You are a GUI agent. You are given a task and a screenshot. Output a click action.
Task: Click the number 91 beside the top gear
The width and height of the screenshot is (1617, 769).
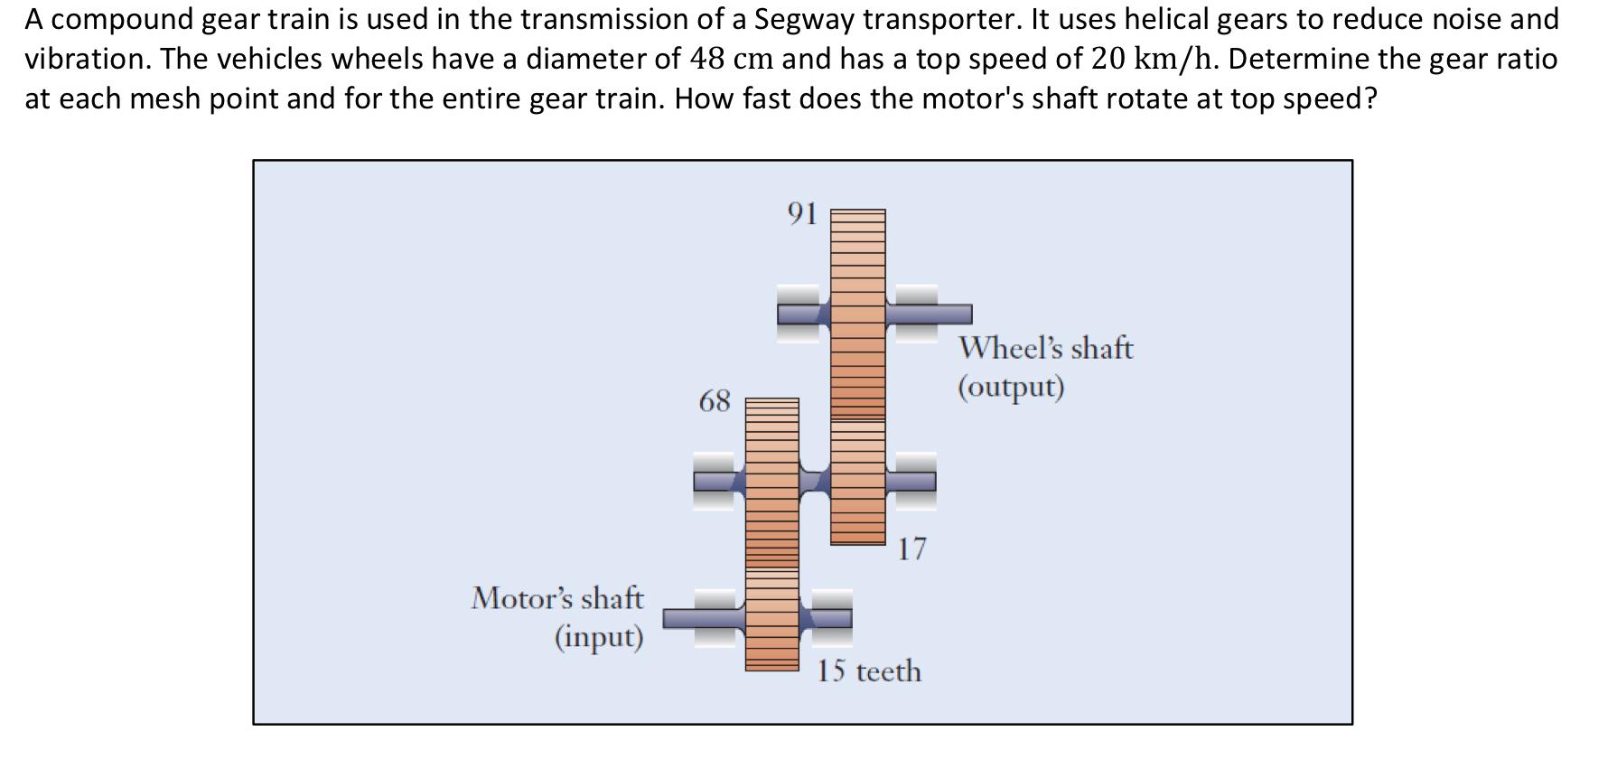[x=802, y=213]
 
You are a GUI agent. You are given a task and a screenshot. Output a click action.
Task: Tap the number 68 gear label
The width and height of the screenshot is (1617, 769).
[x=715, y=401]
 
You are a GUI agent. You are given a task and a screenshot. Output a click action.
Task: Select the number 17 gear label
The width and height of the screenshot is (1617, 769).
[x=911, y=549]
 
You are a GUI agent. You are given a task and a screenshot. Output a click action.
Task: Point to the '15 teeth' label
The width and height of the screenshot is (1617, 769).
[x=869, y=671]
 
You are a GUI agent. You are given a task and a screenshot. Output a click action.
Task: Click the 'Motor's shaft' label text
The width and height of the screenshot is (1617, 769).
[x=557, y=598]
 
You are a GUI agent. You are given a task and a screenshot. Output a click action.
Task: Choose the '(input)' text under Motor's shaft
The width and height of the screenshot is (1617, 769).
[x=598, y=637]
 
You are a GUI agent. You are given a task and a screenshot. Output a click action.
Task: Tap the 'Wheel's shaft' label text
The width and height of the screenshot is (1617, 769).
[x=1045, y=348]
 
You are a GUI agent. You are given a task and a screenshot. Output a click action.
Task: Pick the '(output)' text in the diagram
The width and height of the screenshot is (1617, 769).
[x=1011, y=387]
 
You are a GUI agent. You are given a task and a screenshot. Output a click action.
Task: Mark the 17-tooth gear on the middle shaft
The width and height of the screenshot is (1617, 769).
[x=857, y=483]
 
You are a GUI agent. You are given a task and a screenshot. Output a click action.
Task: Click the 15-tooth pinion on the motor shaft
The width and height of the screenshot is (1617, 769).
[x=771, y=620]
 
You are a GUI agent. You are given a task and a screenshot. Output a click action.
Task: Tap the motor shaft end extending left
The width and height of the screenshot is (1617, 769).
[x=687, y=618]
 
